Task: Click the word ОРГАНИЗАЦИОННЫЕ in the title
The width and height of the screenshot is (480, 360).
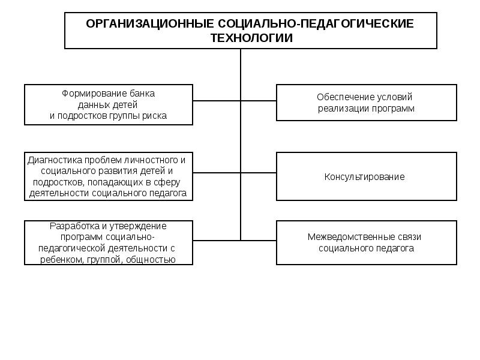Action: [x=139, y=24]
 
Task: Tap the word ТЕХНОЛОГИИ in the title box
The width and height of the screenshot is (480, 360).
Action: [x=251, y=38]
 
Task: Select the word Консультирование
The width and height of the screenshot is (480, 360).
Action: [x=365, y=177]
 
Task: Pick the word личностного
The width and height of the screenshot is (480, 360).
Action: [x=155, y=160]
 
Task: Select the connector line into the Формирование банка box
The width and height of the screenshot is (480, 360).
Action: [x=217, y=102]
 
